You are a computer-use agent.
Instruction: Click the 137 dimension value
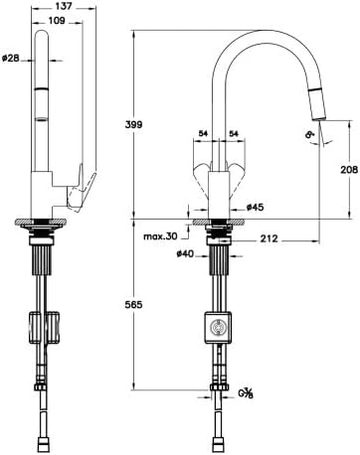(x=63, y=6)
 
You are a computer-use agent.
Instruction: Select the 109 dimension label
(x=57, y=21)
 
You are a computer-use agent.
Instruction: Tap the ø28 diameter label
(x=11, y=59)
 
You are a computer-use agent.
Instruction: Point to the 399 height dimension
(x=133, y=125)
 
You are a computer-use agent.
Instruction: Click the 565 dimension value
(x=133, y=304)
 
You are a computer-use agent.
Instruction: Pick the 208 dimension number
(x=349, y=170)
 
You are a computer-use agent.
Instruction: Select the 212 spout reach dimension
(x=269, y=238)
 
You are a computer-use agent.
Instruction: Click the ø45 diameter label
(x=255, y=208)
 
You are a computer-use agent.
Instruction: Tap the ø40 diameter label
(x=185, y=254)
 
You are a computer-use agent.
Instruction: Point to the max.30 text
(x=160, y=236)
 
